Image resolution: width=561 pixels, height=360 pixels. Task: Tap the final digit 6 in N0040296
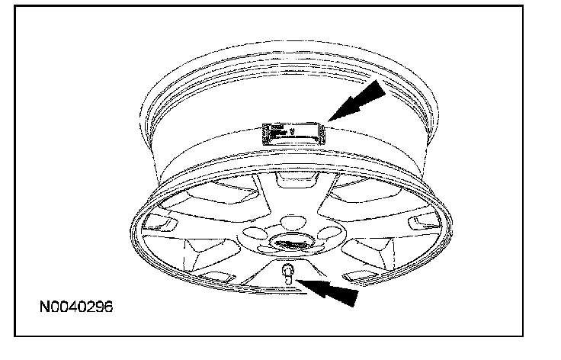click(109, 310)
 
